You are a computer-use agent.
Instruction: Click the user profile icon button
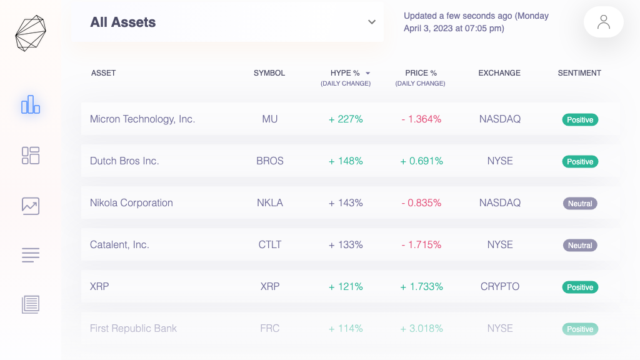click(x=603, y=22)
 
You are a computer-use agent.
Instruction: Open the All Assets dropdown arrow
click(x=371, y=22)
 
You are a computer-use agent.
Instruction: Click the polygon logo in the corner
click(x=31, y=33)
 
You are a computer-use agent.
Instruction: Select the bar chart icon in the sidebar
click(x=31, y=105)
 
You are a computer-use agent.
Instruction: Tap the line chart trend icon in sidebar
click(x=31, y=206)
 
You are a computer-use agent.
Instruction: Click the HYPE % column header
click(x=345, y=73)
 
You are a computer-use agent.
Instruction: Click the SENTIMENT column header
click(x=579, y=73)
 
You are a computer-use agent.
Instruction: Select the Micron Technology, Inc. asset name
click(x=142, y=119)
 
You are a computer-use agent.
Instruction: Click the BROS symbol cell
click(x=270, y=161)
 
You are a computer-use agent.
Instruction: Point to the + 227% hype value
click(x=346, y=119)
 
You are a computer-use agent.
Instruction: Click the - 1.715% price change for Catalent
click(x=421, y=244)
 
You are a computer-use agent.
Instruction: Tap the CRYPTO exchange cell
click(x=500, y=286)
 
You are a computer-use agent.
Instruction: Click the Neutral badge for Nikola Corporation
click(x=580, y=203)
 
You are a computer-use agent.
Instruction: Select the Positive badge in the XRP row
click(x=580, y=287)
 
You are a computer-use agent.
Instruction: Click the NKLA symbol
click(x=270, y=202)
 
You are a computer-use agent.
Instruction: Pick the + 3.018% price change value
click(x=421, y=328)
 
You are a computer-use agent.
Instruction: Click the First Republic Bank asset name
click(x=133, y=328)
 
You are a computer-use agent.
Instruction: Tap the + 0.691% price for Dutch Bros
click(x=421, y=161)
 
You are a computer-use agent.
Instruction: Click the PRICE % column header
click(x=421, y=73)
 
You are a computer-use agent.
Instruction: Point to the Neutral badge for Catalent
click(x=580, y=245)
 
